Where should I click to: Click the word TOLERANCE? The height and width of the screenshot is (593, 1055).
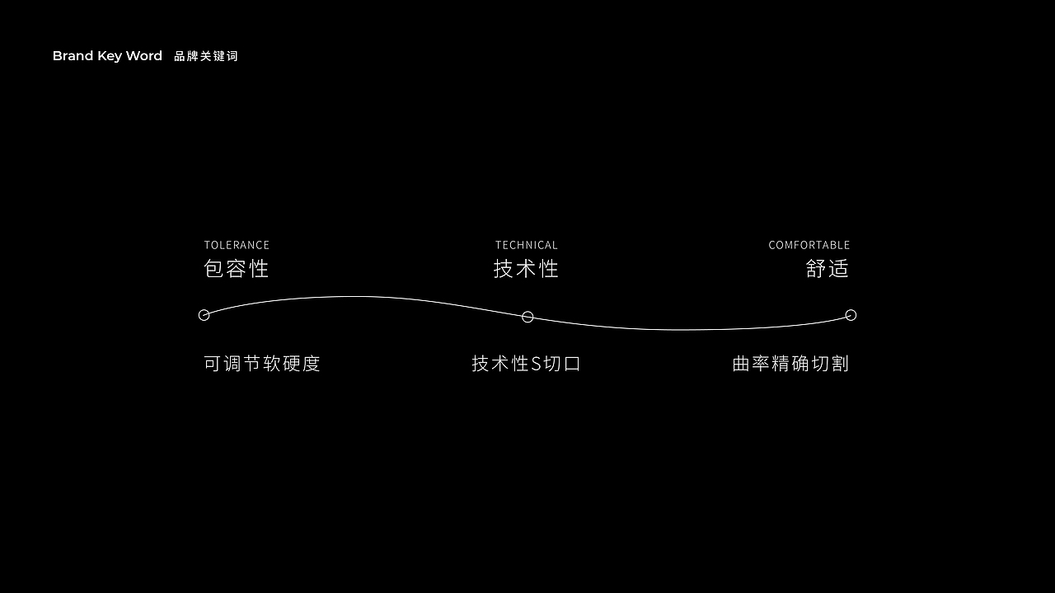coord(237,245)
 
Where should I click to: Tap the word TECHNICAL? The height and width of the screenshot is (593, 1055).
coord(526,245)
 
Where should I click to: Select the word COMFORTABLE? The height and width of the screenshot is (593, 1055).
coord(809,245)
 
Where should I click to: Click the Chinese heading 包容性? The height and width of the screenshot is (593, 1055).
coord(237,269)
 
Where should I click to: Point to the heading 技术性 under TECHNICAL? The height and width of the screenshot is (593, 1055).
coord(526,269)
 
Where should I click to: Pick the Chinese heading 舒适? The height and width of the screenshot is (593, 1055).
coord(827,269)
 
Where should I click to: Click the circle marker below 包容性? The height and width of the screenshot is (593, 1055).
coord(204,315)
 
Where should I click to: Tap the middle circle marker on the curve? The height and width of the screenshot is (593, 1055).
coord(527,317)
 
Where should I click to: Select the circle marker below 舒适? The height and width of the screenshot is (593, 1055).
coord(851,315)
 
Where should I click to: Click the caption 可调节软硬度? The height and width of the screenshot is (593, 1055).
coord(262,364)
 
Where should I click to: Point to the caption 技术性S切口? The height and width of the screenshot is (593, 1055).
coord(526,364)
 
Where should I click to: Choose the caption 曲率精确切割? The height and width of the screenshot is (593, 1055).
coord(790,364)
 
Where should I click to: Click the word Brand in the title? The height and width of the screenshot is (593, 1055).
coord(73,56)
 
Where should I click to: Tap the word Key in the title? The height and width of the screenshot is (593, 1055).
coord(110,56)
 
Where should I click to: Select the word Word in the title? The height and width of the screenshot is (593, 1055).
coord(144,56)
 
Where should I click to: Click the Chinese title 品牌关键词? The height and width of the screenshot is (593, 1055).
coord(206,56)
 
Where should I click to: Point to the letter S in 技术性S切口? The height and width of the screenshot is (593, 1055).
coord(536,364)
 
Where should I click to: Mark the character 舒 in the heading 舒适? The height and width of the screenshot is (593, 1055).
coord(816,269)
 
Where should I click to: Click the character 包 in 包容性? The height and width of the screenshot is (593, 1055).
coord(214,269)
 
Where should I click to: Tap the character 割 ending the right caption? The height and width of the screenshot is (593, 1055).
coord(840,364)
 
